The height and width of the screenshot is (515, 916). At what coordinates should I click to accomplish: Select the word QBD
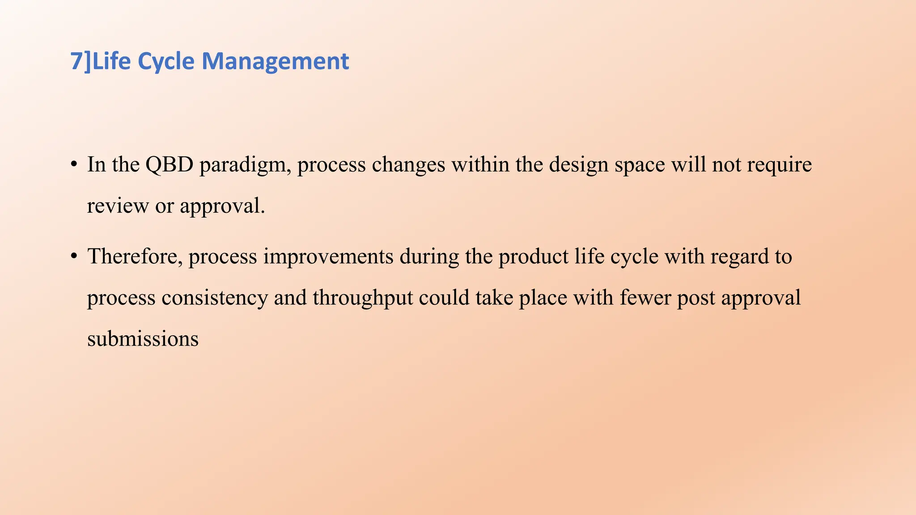[x=169, y=165]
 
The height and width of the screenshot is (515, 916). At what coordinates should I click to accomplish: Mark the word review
[x=118, y=206]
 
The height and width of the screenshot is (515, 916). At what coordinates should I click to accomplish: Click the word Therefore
[x=135, y=257]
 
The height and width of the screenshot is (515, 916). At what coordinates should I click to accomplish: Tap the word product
[x=534, y=257]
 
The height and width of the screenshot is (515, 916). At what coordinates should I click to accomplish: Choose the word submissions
[x=143, y=339]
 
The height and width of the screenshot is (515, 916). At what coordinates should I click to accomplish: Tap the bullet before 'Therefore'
[x=74, y=256]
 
